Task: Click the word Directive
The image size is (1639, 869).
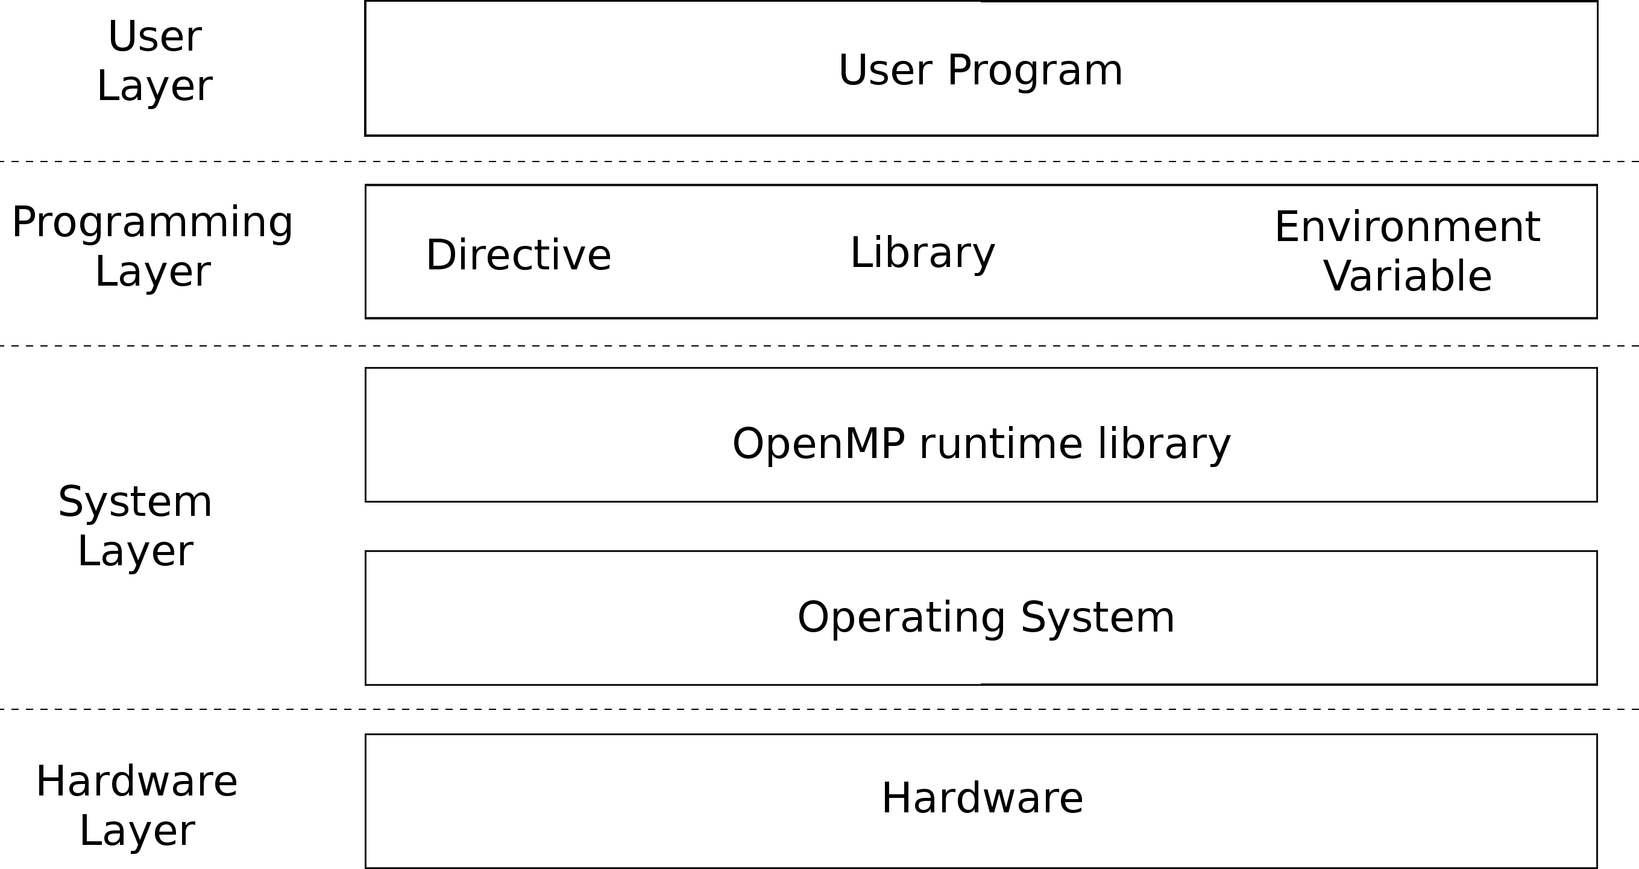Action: click(x=518, y=254)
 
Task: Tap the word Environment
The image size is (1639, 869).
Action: click(x=1408, y=227)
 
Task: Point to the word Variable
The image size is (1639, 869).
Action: click(x=1408, y=276)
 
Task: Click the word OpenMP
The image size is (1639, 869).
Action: click(x=819, y=444)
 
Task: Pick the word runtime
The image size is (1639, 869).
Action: click(x=1001, y=444)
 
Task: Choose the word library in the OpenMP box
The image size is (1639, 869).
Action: click(x=1165, y=445)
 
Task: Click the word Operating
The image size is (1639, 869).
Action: click(x=902, y=618)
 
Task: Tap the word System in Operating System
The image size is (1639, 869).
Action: click(x=1098, y=618)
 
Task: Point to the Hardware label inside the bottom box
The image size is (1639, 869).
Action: click(x=983, y=798)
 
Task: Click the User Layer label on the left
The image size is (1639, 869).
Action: click(x=154, y=61)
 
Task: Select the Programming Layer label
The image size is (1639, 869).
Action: click(x=153, y=247)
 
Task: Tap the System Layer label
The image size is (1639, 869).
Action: click(x=136, y=526)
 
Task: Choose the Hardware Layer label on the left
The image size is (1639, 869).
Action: click(x=137, y=805)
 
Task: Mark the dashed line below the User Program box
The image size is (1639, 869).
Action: click(x=820, y=162)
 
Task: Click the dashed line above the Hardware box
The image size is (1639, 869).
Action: click(x=820, y=709)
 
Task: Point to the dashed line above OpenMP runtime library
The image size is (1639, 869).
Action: click(x=820, y=345)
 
